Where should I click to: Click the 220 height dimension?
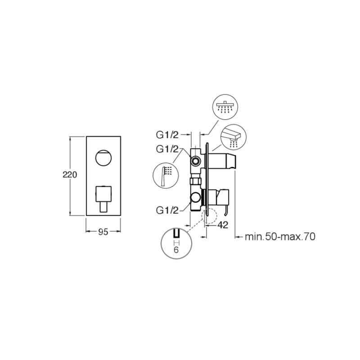point(70,175)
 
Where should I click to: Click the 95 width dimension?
point(103,232)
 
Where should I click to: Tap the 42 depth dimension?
point(223,225)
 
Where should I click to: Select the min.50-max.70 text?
point(280,237)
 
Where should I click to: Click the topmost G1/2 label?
point(167,135)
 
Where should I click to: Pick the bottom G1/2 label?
point(167,210)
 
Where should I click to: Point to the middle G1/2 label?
point(167,149)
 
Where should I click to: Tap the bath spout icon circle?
point(233,137)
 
